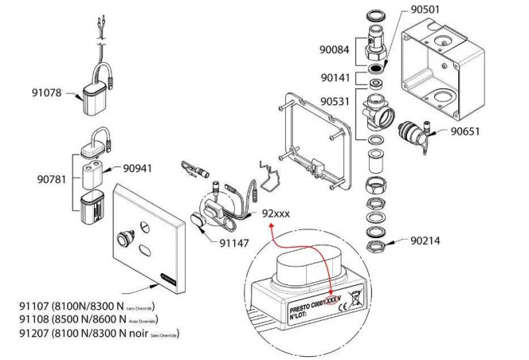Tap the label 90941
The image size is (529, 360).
[139, 169]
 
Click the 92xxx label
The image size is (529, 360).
[277, 213]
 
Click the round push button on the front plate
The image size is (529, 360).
[126, 237]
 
